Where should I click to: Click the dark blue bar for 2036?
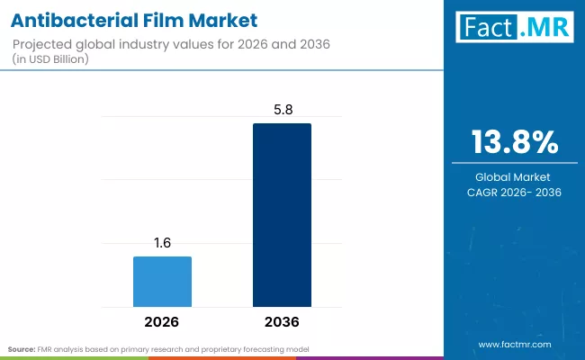[x=282, y=215]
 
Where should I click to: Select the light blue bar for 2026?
[x=162, y=282]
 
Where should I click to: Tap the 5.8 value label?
[x=282, y=109]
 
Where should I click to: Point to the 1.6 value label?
[x=162, y=242]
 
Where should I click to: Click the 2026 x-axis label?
[x=162, y=321]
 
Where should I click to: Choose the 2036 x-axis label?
[x=282, y=321]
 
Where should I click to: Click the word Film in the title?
[x=161, y=19]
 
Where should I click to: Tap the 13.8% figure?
[x=515, y=143]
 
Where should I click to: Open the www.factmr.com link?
[x=515, y=345]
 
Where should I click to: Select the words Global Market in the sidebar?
[x=515, y=176]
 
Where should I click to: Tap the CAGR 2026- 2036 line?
[x=515, y=193]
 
